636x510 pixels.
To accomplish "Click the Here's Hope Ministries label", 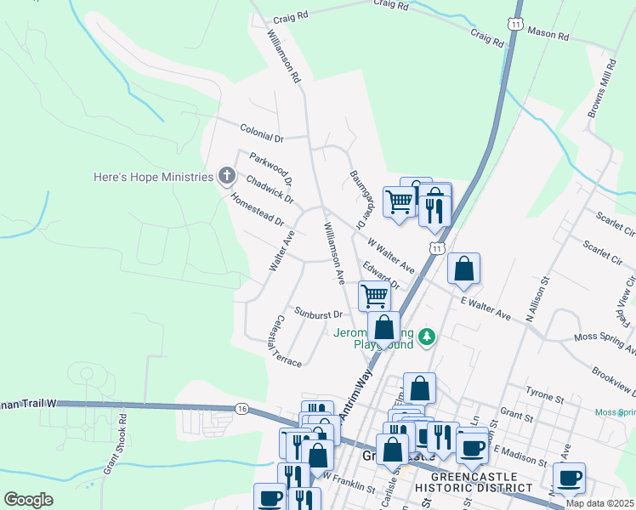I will (152, 177).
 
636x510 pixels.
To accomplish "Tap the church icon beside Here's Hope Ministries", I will (226, 177).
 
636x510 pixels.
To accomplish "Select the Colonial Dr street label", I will (261, 136).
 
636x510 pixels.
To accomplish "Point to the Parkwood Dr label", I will (270, 168).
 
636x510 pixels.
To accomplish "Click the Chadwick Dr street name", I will (269, 190).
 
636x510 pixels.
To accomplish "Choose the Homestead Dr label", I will (257, 209).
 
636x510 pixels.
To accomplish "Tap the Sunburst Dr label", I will (318, 314).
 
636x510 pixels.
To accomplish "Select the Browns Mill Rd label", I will (601, 89).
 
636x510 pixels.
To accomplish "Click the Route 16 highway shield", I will (242, 409).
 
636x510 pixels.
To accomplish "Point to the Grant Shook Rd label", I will (115, 443).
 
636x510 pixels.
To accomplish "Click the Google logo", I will (28, 499).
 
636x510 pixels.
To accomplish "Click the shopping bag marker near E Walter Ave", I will (464, 269).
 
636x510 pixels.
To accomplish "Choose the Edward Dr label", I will (381, 276).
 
